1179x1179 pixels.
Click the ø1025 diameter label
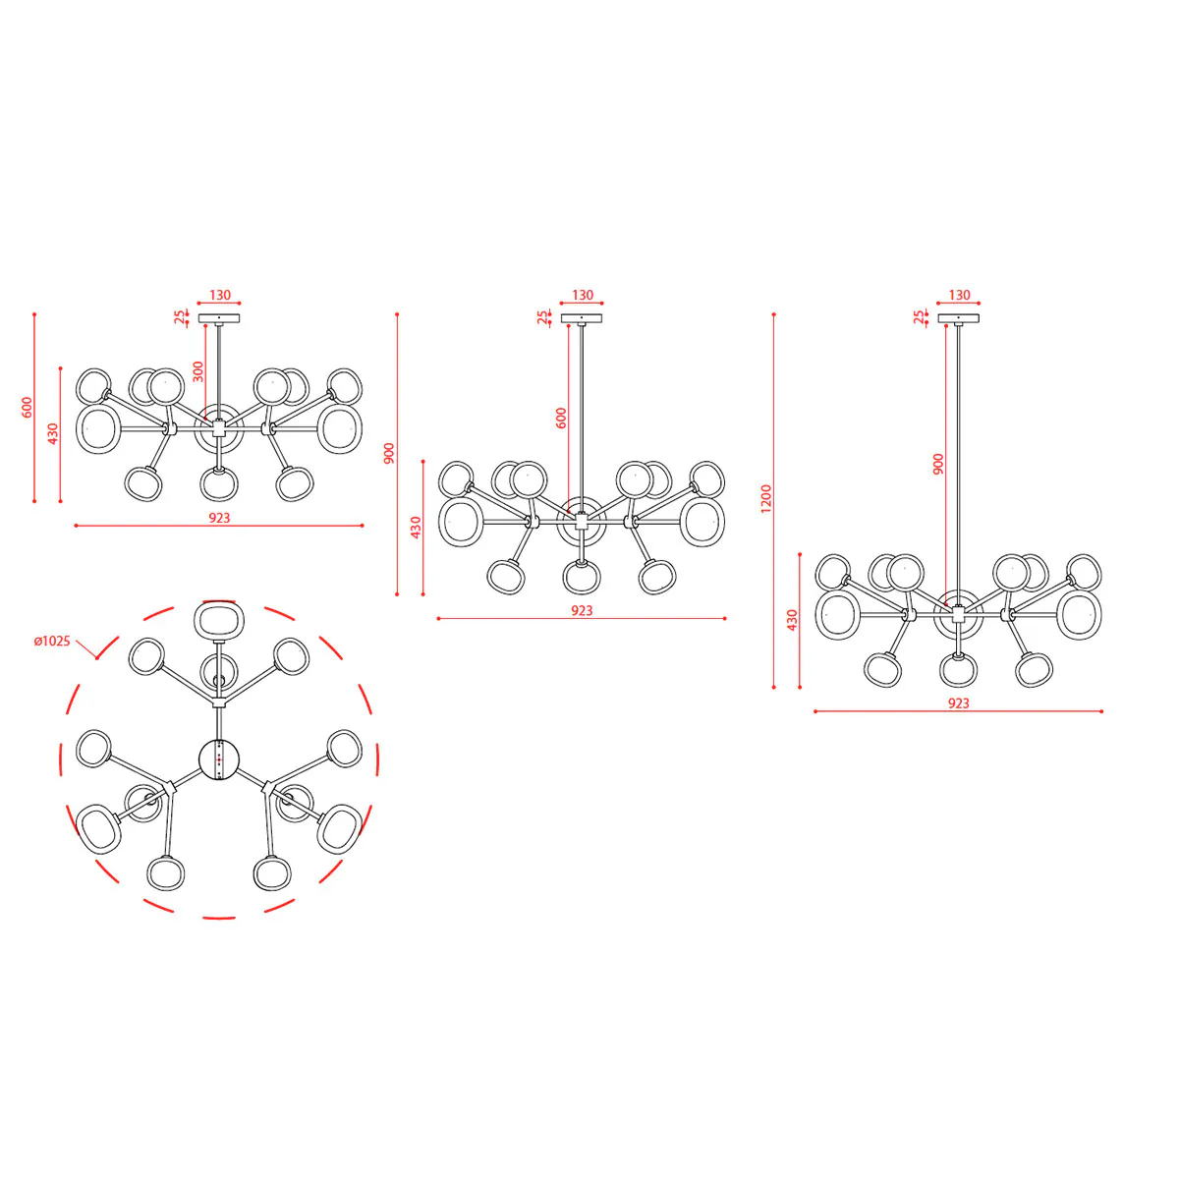click(52, 642)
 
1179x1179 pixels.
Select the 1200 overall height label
click(766, 499)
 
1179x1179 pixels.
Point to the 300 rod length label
click(198, 371)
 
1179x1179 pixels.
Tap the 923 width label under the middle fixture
click(582, 610)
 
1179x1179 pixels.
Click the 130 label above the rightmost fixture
click(959, 295)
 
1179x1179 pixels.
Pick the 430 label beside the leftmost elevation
click(53, 434)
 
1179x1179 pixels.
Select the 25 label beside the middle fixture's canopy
click(542, 317)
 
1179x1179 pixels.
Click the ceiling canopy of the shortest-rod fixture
click(219, 318)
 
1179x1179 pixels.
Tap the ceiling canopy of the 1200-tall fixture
click(958, 318)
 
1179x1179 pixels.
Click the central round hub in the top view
click(219, 759)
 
